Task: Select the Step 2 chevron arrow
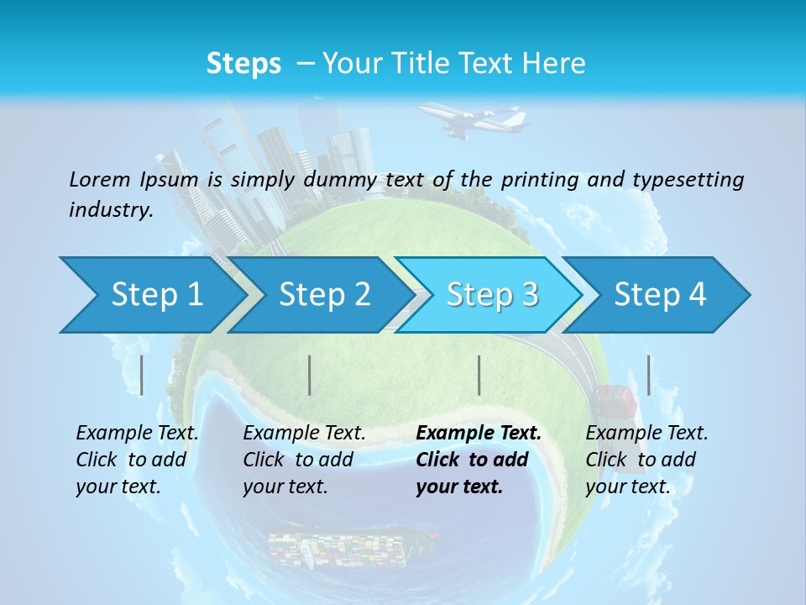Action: tap(324, 295)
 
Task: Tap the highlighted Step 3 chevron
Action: tap(492, 295)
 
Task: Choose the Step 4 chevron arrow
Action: tap(660, 295)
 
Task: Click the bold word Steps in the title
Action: tap(243, 64)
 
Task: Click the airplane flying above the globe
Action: tap(473, 118)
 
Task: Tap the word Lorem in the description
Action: tap(99, 179)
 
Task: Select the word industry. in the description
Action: tap(111, 209)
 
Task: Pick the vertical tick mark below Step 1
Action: tap(142, 375)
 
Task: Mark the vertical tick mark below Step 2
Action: tap(310, 375)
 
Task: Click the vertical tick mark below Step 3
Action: tap(479, 375)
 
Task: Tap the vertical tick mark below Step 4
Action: tap(648, 375)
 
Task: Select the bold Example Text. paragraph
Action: tap(479, 460)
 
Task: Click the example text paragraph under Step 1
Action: tap(137, 460)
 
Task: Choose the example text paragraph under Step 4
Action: tap(646, 460)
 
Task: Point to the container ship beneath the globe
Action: tap(353, 546)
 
